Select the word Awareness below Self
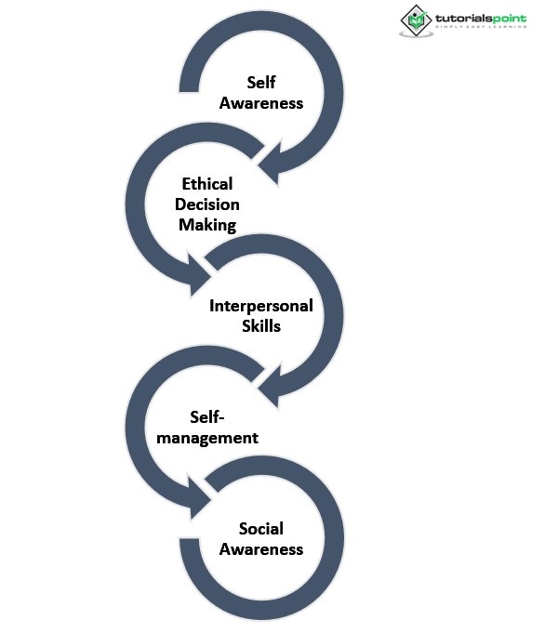pyautogui.click(x=261, y=103)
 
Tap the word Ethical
pyautogui.click(x=207, y=183)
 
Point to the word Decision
pyautogui.click(x=207, y=204)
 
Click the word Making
pyautogui.click(x=207, y=224)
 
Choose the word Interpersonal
pyautogui.click(x=261, y=305)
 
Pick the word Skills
pyautogui.click(x=261, y=326)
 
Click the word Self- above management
pyautogui.click(x=208, y=416)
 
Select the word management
pyautogui.click(x=208, y=437)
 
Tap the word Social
pyautogui.click(x=261, y=528)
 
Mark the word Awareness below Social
pyautogui.click(x=261, y=548)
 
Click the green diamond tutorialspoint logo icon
pyautogui.click(x=416, y=19)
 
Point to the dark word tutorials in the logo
pyautogui.click(x=463, y=18)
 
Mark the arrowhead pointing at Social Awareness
pyautogui.click(x=202, y=505)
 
